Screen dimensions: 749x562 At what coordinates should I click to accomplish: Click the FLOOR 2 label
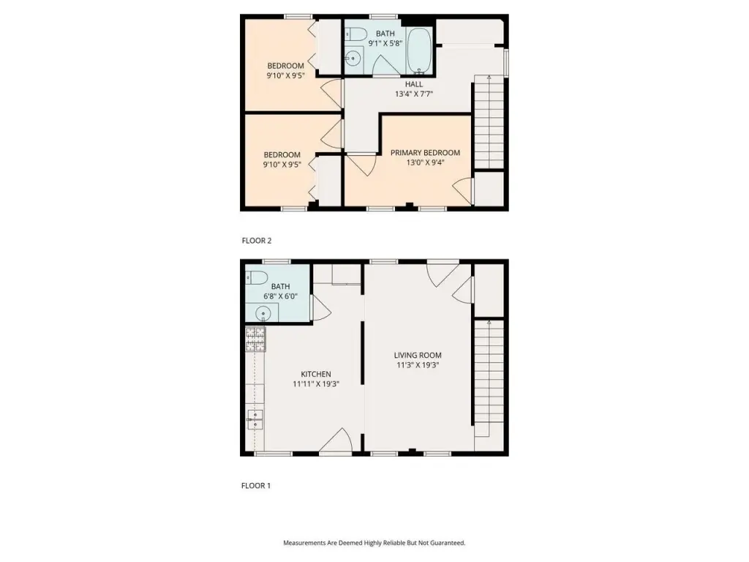(257, 240)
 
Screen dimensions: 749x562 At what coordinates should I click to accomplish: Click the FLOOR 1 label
(256, 486)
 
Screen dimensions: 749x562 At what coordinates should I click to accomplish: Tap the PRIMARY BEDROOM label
(425, 152)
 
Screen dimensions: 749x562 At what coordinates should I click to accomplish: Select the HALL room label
(414, 84)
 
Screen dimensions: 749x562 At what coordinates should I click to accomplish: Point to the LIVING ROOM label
(418, 355)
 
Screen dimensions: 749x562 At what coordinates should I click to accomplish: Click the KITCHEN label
(316, 374)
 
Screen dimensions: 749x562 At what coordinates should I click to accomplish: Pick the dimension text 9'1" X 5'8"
(385, 43)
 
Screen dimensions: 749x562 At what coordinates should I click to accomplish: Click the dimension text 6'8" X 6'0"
(280, 296)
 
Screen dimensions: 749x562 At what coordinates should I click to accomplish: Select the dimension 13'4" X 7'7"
(414, 94)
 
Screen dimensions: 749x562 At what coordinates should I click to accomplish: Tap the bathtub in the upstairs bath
(419, 51)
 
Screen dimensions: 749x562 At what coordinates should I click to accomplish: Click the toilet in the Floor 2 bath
(355, 34)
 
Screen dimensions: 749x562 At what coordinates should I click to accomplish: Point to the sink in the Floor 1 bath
(263, 313)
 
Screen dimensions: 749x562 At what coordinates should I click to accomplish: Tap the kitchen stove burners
(255, 340)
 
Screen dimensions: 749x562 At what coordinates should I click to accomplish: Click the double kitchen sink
(255, 421)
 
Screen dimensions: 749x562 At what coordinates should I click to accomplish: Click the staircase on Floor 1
(489, 378)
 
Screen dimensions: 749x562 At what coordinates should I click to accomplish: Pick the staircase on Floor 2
(489, 122)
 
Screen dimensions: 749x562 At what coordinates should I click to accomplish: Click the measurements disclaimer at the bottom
(374, 542)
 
